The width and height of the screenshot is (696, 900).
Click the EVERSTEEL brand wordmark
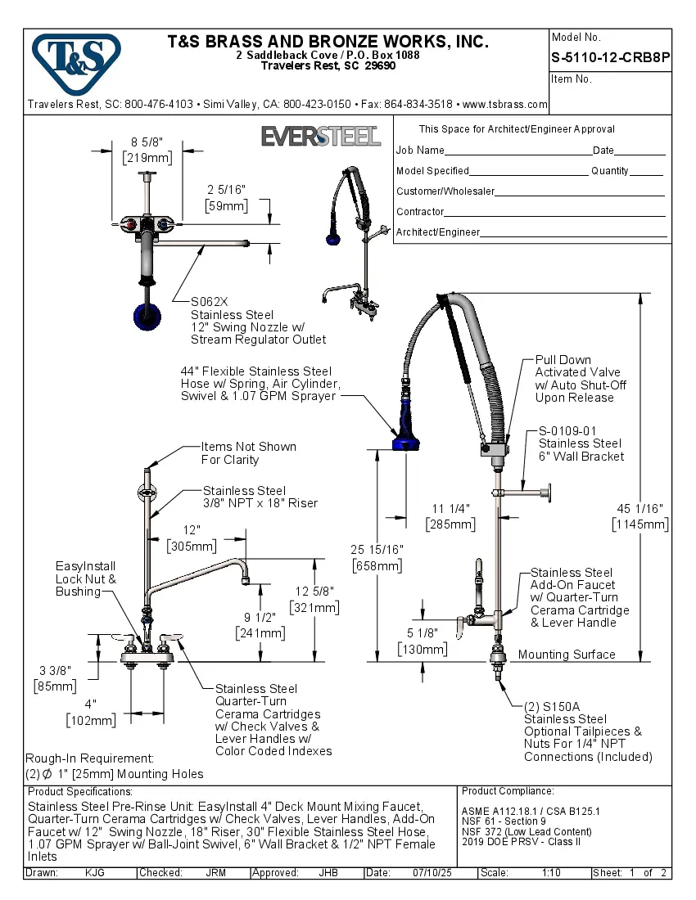point(320,136)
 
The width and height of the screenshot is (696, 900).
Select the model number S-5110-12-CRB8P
point(611,58)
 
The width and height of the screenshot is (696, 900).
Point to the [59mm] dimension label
point(226,206)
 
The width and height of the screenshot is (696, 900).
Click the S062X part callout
point(210,301)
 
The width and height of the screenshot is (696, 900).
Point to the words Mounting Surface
point(567,655)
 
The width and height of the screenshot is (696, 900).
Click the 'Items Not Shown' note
point(249,447)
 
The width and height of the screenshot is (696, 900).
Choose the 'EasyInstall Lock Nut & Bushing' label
point(85,578)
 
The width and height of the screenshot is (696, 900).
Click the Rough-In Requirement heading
point(89,758)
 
